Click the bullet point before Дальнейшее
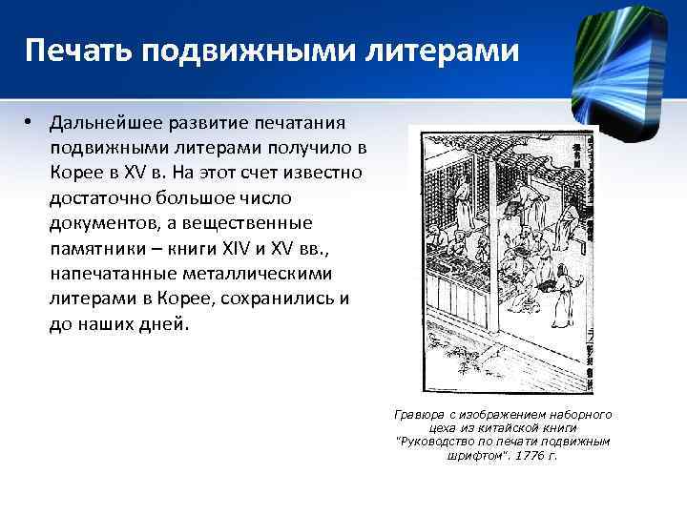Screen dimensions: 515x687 [31, 123]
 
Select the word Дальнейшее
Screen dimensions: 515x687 [106, 124]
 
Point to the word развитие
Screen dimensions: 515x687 [207, 124]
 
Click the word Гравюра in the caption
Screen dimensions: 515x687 [420, 415]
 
